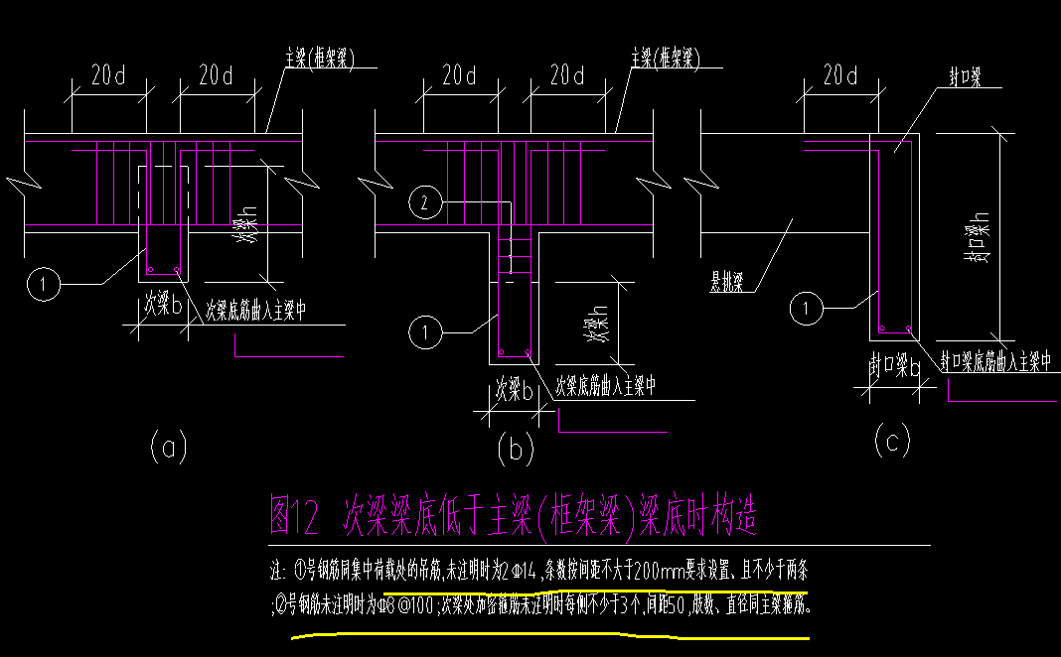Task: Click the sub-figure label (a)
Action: point(168,449)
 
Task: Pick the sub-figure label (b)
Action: point(515,450)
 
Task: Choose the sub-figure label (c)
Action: point(890,442)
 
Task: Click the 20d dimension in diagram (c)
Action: point(839,75)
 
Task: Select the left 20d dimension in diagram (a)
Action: point(108,75)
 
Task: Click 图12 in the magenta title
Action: point(294,516)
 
